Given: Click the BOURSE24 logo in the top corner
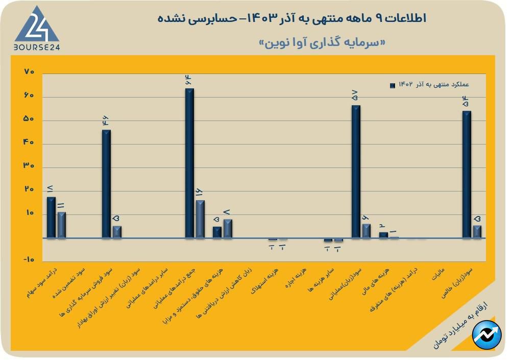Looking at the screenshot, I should pyautogui.click(x=36, y=29).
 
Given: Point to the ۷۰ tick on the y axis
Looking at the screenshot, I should pyautogui.click(x=29, y=72).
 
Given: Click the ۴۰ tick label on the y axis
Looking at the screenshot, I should pyautogui.click(x=29, y=142).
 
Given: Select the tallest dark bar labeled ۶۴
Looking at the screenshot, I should pyautogui.click(x=189, y=163).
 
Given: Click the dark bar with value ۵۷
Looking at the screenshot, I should pyautogui.click(x=356, y=172).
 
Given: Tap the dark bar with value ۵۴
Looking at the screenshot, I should pyautogui.click(x=467, y=174).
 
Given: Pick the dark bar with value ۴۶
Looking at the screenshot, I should pyautogui.click(x=106, y=184).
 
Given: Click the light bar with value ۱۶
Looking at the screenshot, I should pyautogui.click(x=200, y=219).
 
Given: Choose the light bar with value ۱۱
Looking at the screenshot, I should pyautogui.click(x=61, y=225).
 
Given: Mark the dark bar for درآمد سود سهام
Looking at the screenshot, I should pyautogui.click(x=51, y=218).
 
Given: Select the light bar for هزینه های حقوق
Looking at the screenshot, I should pyautogui.click(x=228, y=229).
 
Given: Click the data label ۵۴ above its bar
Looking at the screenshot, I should pyautogui.click(x=465, y=102).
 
